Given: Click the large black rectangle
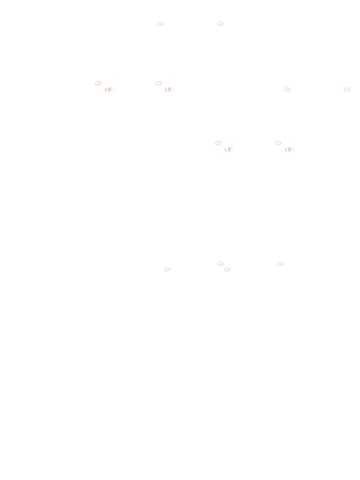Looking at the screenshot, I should pos(210,210).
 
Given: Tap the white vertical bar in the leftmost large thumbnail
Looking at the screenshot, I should pos(102,90).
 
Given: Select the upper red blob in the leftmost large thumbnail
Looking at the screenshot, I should pos(99,83).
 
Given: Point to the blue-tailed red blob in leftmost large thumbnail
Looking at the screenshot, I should pos(107,90).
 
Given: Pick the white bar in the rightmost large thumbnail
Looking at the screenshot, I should pos(282,149).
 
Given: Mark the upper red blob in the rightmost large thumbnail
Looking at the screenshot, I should pos(279,143).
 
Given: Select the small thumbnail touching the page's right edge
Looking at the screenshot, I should pos(346,89).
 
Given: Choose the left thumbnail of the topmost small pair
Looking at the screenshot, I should pos(159,24).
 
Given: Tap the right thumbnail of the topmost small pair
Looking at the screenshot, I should pos(219,24).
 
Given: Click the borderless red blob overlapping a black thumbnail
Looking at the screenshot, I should pos(220,263).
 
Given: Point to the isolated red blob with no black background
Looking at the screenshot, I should pos(280,264).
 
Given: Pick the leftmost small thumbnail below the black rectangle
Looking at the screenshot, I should pos(166,269).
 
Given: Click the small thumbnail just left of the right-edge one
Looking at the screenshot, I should pos(286,89).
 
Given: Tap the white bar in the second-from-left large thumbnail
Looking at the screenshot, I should pos(162,90).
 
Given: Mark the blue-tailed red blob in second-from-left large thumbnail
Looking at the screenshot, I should pos(167,90).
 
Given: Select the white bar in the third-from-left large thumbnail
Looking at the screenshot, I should pos(222,149).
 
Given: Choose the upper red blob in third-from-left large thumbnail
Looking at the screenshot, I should pos(219,143).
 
